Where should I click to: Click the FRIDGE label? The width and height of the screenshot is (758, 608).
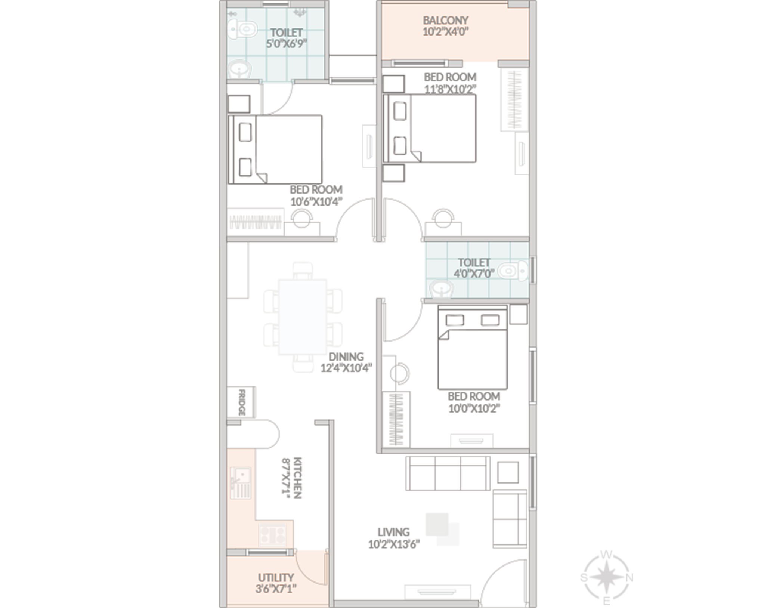242,402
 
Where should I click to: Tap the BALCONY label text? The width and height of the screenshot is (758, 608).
445,20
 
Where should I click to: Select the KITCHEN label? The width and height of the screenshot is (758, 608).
297,478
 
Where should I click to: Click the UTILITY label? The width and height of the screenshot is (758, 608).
276,578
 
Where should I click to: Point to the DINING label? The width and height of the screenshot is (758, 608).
346,357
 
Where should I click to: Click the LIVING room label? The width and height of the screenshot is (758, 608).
393,532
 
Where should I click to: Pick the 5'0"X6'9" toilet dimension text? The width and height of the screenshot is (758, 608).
286,44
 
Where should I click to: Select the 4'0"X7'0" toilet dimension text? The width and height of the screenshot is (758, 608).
474,274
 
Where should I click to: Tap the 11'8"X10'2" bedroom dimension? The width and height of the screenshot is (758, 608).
450,89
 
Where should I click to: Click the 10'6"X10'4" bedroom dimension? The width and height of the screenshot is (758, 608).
316,202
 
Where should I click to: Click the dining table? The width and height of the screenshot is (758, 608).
303,317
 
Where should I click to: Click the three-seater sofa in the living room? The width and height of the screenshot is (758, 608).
448,473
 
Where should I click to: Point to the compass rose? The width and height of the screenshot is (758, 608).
606,578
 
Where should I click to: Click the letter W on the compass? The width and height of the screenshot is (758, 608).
606,555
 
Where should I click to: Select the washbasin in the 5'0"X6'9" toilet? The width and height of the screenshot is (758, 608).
239,69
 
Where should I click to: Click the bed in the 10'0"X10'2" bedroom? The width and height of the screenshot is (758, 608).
473,348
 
